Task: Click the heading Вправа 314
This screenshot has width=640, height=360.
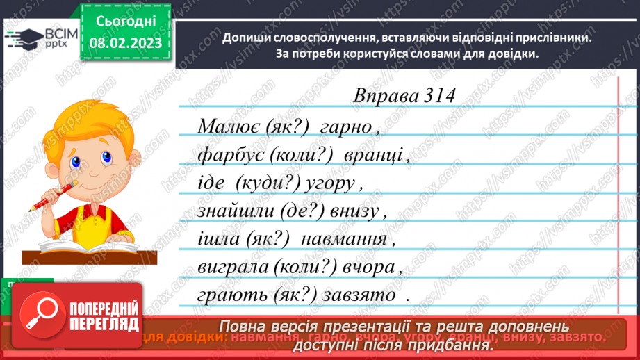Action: pos(404,96)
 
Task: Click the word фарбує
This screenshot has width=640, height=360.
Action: pos(228,156)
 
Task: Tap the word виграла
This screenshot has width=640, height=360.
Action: pos(232,268)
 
